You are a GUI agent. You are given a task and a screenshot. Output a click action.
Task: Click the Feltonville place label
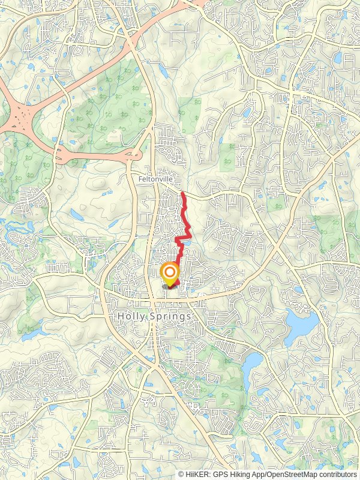pyautogui.click(x=155, y=179)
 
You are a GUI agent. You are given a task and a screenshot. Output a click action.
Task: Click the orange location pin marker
pyautogui.click(x=170, y=274)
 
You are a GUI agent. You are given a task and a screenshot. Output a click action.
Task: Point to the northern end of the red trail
pyautogui.click(x=182, y=193)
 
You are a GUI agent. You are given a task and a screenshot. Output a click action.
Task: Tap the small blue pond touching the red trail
pyautogui.click(x=188, y=241)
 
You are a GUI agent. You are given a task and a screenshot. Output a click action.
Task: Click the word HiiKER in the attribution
pyautogui.click(x=197, y=474)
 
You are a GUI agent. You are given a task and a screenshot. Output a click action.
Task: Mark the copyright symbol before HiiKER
pyautogui.click(x=181, y=474)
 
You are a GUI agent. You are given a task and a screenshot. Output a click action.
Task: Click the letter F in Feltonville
pyautogui.click(x=140, y=179)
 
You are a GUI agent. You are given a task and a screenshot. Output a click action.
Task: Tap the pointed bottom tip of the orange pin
pyautogui.click(x=170, y=286)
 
